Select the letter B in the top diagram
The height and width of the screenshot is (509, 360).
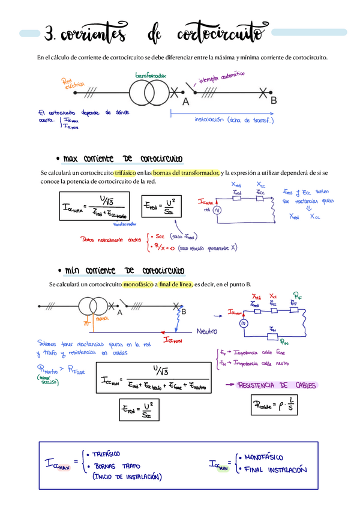coord(274,100)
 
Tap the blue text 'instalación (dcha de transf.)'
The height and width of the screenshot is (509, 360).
coord(234,119)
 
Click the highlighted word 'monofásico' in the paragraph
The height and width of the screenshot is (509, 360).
coord(137,284)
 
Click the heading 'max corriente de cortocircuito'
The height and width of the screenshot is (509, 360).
coord(123,159)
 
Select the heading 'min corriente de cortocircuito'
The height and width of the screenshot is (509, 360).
coord(124,271)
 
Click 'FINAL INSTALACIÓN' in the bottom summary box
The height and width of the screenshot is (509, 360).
coord(277,470)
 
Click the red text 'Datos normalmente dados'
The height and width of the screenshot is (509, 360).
coord(112,238)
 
